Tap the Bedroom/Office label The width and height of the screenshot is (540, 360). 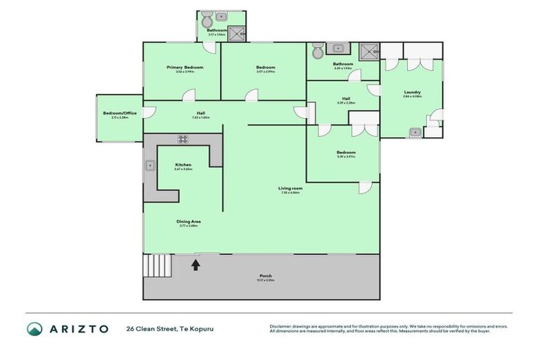(120, 112)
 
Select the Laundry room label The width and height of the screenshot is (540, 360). (412, 92)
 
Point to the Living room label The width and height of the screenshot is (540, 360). (290, 188)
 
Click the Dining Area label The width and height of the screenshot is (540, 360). (188, 221)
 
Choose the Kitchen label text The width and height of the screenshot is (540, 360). (183, 165)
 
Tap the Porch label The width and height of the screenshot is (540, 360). (266, 276)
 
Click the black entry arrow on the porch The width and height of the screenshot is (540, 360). (195, 264)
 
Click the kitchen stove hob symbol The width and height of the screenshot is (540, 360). (183, 139)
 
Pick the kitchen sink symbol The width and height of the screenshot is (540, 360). (150, 165)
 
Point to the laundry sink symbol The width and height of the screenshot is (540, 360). (416, 131)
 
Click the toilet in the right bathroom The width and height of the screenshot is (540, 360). (317, 51)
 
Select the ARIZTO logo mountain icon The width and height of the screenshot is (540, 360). (35, 328)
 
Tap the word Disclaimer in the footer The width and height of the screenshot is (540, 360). (283, 326)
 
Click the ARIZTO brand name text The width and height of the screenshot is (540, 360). (78, 328)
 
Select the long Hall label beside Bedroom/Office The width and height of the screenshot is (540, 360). (200, 113)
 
